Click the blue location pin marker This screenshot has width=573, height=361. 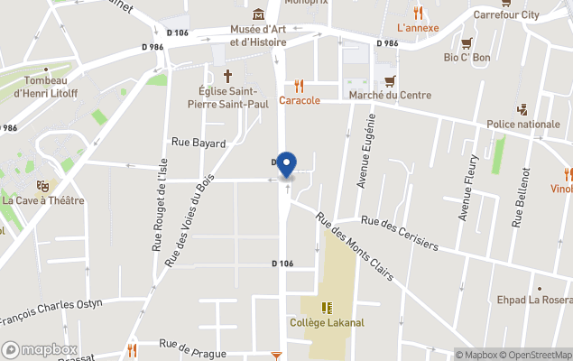(x=286, y=164)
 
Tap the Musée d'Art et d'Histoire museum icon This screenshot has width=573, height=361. (x=259, y=14)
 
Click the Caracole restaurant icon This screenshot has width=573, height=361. (x=299, y=86)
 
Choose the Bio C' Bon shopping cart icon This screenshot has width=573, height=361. (x=467, y=42)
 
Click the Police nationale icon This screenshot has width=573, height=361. (x=522, y=110)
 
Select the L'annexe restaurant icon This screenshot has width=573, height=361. (x=418, y=13)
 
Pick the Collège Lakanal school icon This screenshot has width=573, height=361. (x=326, y=308)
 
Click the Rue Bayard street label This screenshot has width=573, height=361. (x=199, y=143)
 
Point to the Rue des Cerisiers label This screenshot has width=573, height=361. (x=399, y=233)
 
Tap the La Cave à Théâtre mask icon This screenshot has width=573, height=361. (x=42, y=185)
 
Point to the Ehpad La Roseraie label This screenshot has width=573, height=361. (x=534, y=300)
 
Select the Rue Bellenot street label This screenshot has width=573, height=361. (x=522, y=198)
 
